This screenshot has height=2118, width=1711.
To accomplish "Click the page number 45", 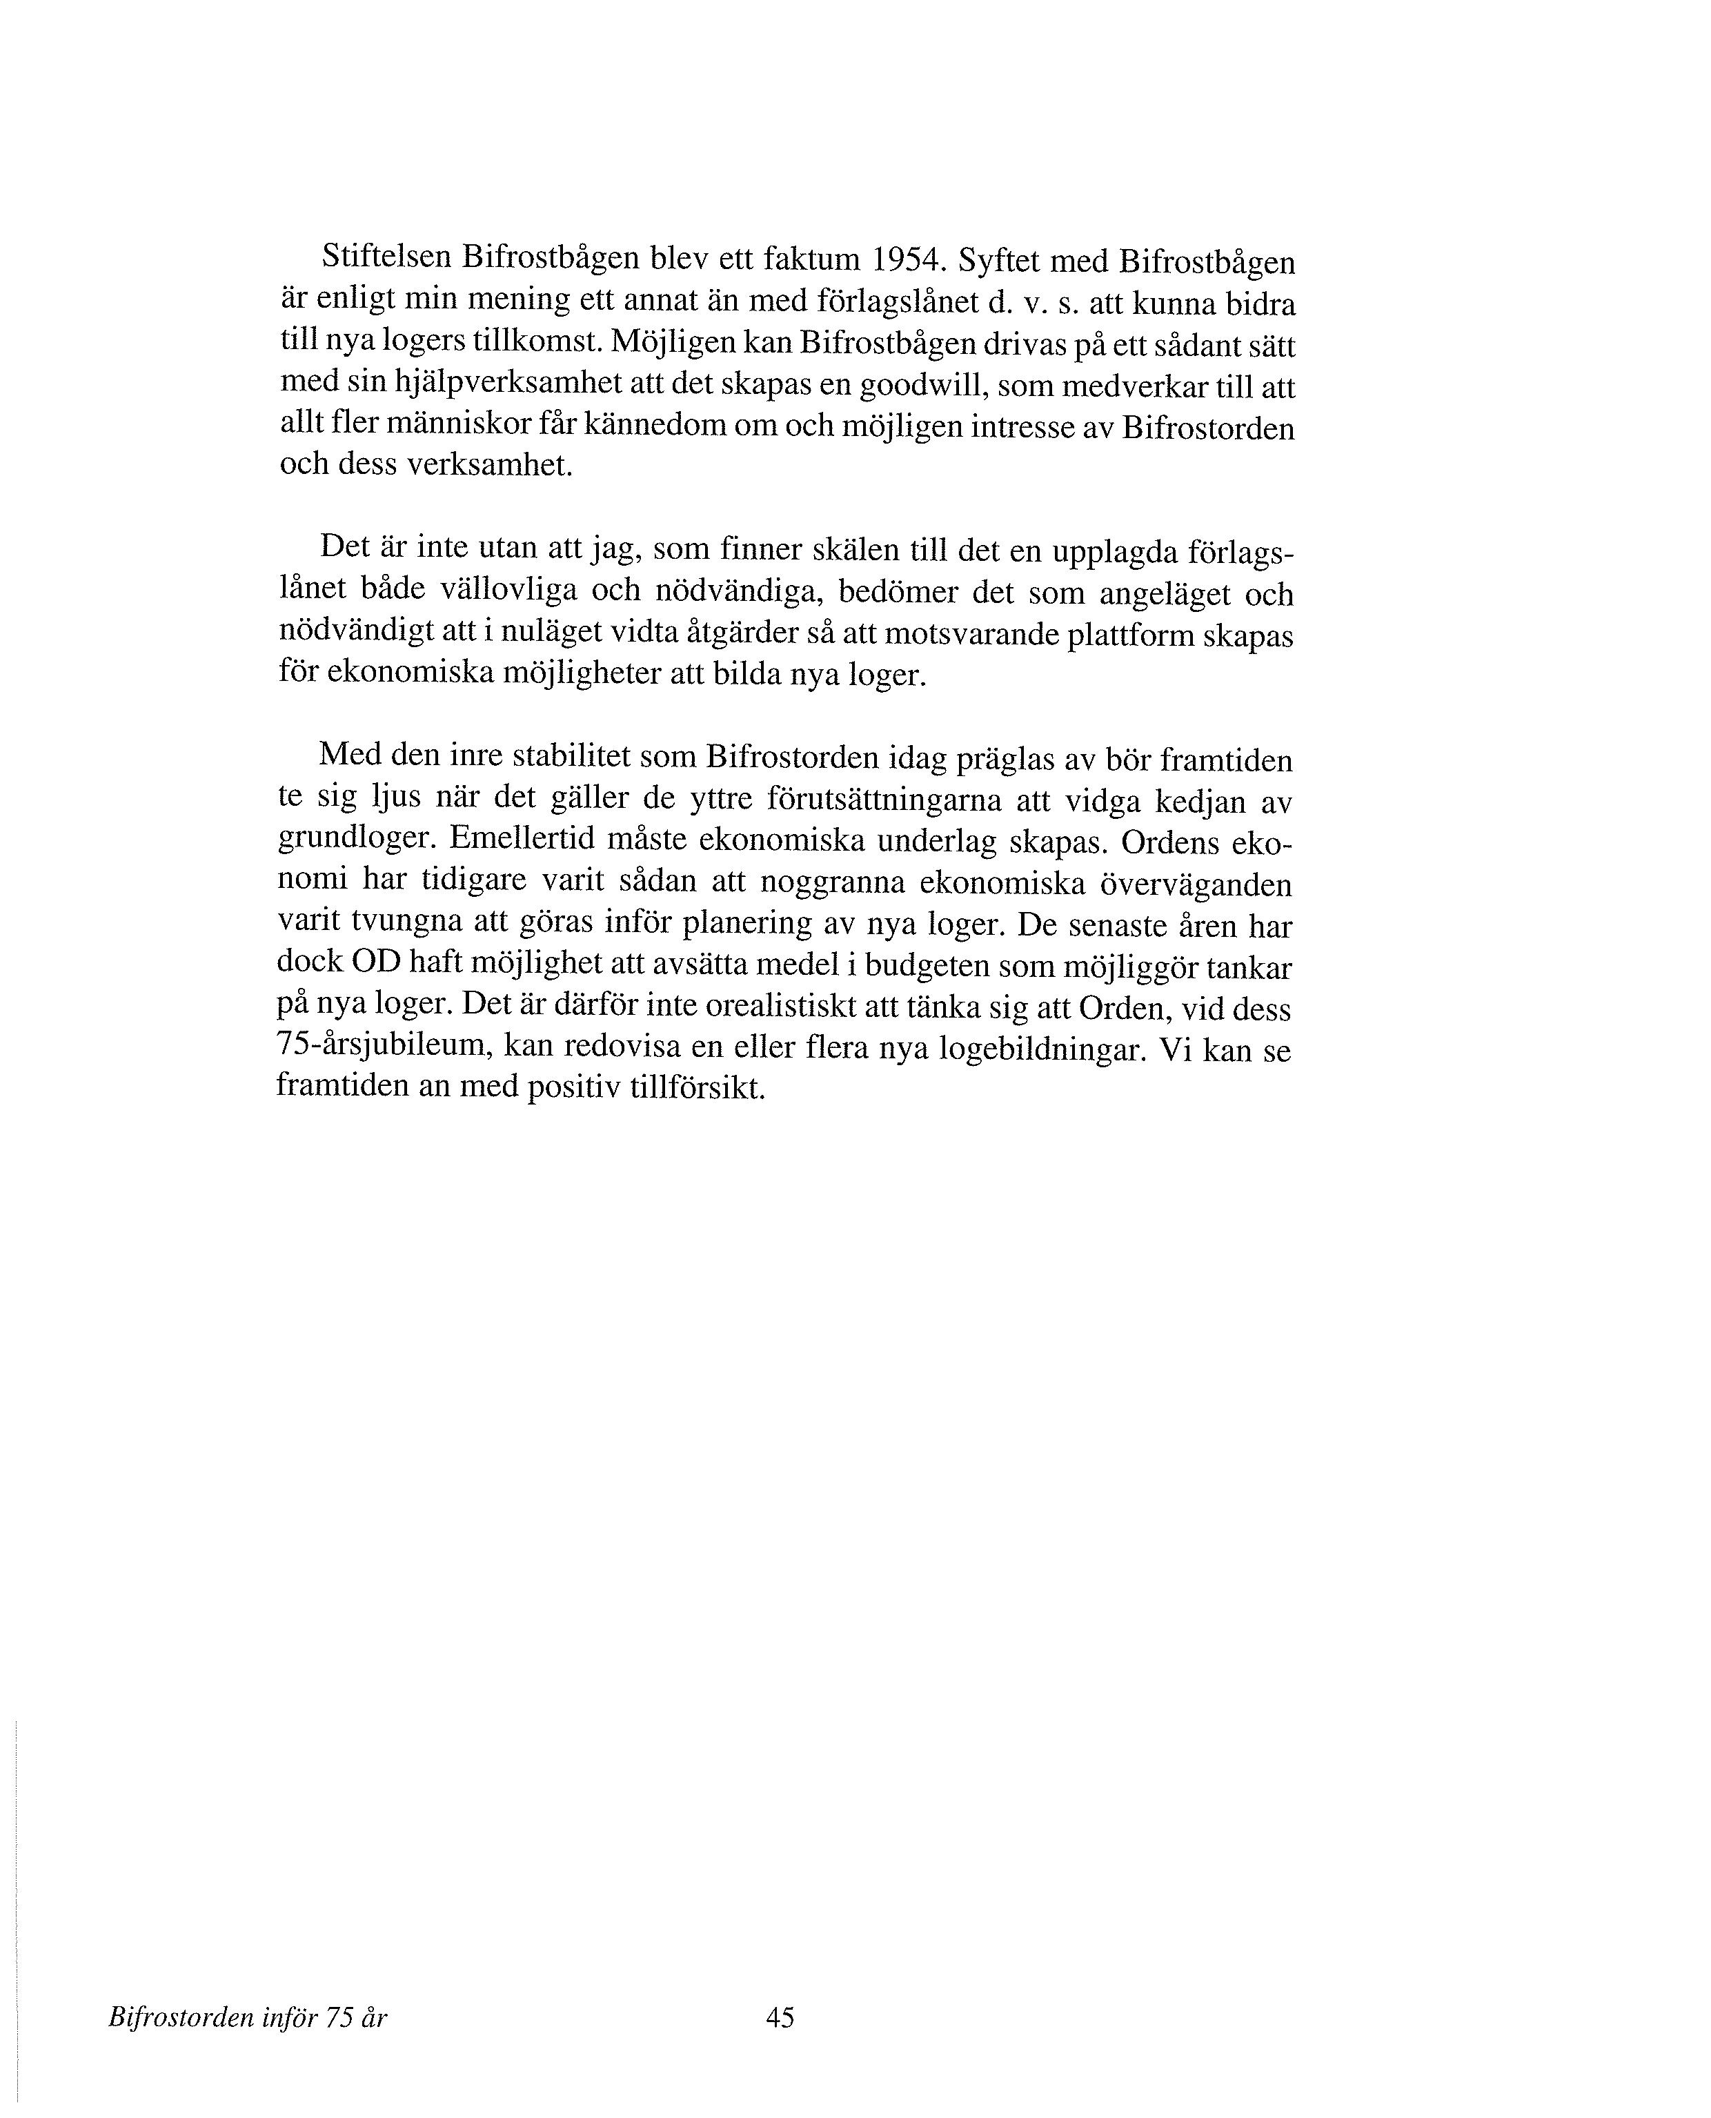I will [780, 2017].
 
